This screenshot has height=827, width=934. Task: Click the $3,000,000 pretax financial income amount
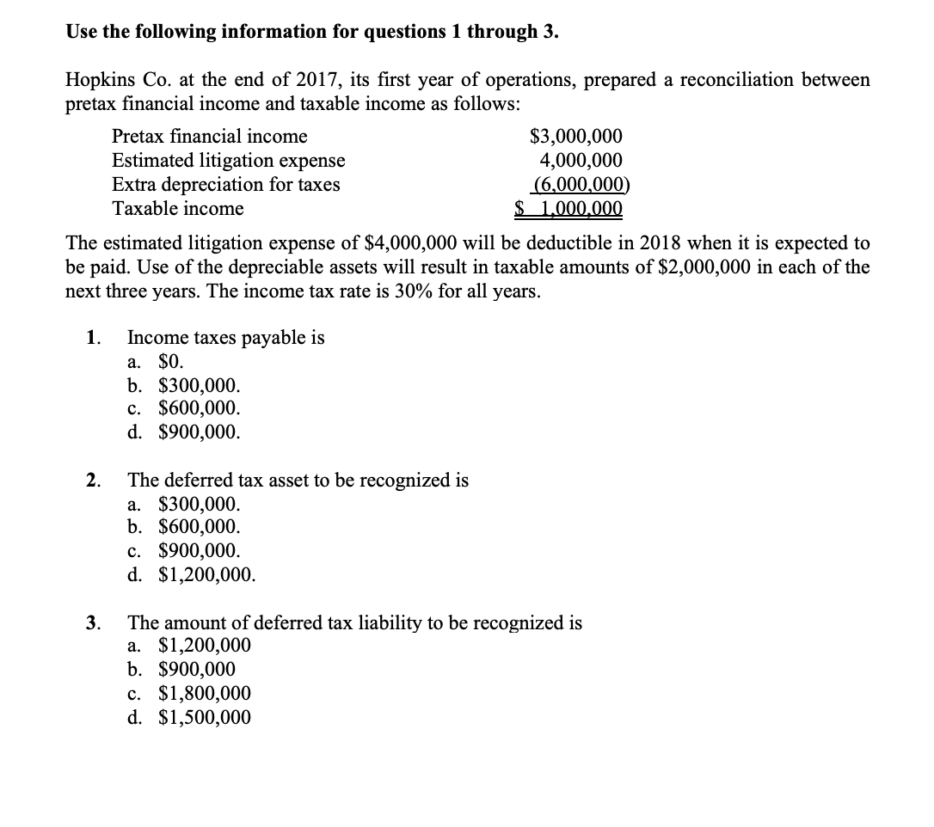576,137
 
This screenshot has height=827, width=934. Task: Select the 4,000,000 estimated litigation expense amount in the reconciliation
581,161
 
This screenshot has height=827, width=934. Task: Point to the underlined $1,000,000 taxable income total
568,209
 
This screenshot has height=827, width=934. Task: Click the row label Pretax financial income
210,137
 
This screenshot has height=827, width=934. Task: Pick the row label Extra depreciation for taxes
226,185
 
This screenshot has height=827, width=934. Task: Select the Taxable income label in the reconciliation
178,209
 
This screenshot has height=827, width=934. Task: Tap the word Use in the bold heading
83,33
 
